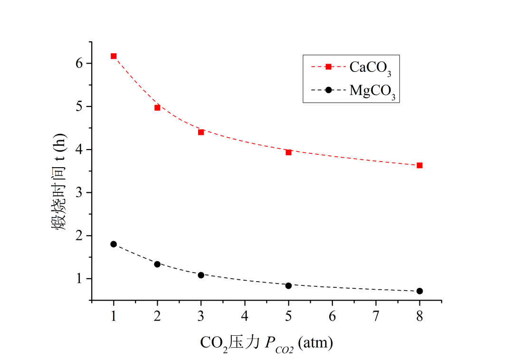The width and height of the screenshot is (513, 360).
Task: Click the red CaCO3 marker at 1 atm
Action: (x=114, y=56)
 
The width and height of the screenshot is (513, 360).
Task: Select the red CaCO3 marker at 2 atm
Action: (x=157, y=108)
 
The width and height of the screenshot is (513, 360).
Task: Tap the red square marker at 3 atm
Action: (x=201, y=132)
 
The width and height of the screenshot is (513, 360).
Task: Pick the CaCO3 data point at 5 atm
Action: (x=288, y=152)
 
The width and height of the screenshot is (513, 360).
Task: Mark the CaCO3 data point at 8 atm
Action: (x=419, y=165)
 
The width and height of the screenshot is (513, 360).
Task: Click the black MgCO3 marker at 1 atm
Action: (x=114, y=244)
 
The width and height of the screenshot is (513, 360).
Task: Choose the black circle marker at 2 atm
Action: (x=157, y=264)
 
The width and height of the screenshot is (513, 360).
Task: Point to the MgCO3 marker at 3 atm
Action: (x=201, y=275)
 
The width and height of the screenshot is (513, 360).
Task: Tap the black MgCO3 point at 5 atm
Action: (x=288, y=285)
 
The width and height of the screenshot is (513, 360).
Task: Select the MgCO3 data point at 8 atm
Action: (x=419, y=291)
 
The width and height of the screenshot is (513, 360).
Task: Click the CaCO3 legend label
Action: (x=370, y=68)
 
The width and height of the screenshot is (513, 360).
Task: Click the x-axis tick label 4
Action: (x=245, y=316)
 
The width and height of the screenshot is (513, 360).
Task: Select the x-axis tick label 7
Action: (x=376, y=316)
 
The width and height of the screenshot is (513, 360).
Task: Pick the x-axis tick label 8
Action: (x=419, y=316)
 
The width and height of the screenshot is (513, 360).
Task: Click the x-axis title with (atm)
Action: (x=266, y=342)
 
